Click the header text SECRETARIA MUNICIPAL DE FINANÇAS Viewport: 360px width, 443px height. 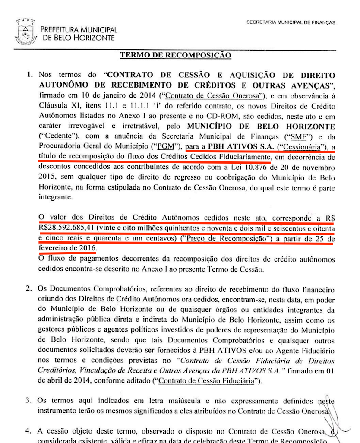pos(291,22)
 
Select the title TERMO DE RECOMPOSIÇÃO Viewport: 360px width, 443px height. pos(175,55)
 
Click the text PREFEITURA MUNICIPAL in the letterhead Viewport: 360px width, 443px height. pos(79,29)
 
